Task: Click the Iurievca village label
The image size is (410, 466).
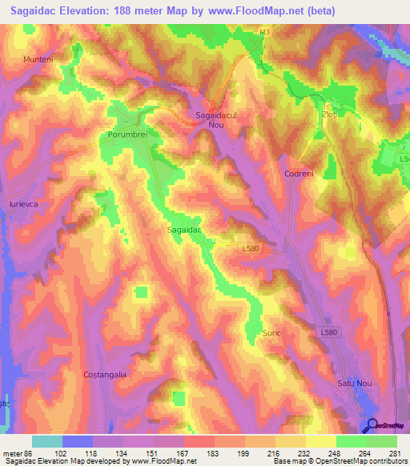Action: [24, 205]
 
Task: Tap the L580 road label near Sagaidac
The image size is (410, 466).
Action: [251, 249]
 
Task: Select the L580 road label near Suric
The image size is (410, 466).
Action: [330, 331]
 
